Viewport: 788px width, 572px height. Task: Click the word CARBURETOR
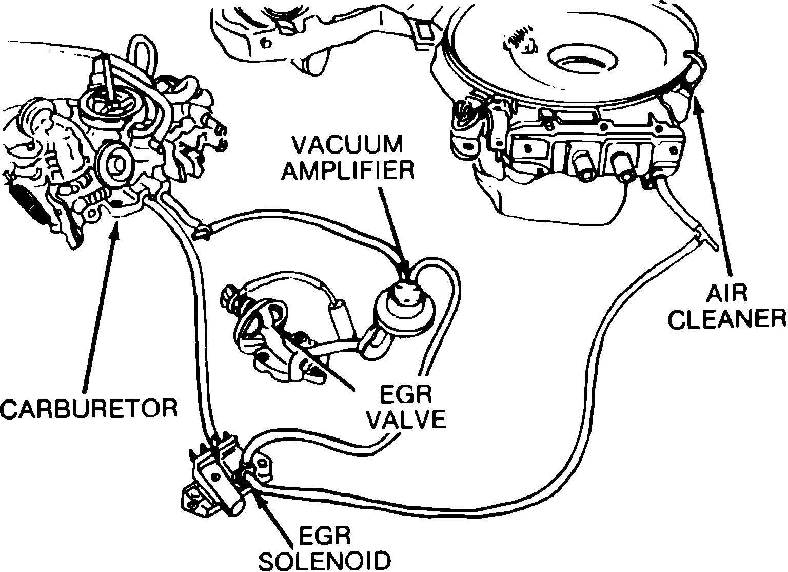[x=89, y=408]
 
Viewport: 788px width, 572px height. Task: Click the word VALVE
[x=408, y=420]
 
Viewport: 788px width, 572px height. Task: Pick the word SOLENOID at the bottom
[x=324, y=561]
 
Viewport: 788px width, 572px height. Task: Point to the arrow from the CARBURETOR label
[x=100, y=308]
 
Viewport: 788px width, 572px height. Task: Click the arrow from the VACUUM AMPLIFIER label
[x=392, y=226]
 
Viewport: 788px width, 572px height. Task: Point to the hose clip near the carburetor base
[x=201, y=232]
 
